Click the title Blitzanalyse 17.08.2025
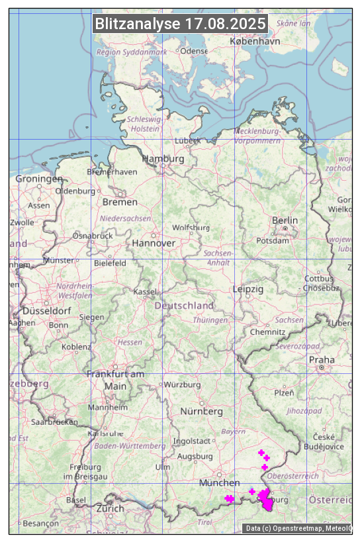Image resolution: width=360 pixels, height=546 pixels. (x=180, y=24)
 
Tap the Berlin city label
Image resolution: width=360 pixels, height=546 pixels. (x=285, y=220)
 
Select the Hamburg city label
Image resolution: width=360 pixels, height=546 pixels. (x=163, y=159)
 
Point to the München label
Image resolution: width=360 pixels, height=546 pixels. (x=219, y=483)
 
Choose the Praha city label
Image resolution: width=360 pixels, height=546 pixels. (x=322, y=360)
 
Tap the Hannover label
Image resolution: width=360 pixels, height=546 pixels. (x=154, y=244)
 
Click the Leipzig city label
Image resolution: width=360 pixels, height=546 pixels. (x=248, y=290)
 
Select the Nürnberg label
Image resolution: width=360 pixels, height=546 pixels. (x=202, y=412)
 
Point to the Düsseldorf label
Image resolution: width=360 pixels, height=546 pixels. (x=46, y=311)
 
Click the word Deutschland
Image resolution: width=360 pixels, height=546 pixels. (x=184, y=306)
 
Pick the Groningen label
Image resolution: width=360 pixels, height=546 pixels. (x=39, y=179)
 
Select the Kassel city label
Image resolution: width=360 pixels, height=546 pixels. (x=144, y=292)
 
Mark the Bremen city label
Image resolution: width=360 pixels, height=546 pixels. (x=120, y=202)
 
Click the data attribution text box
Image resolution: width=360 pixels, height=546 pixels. (x=298, y=528)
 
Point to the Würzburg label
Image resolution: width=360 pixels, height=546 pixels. (x=181, y=385)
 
